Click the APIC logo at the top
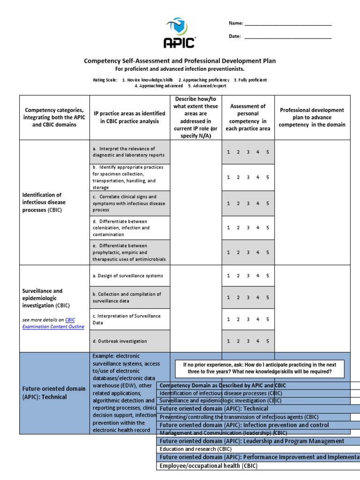[x=180, y=33]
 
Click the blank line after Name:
[x=288, y=24]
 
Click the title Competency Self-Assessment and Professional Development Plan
[x=180, y=61]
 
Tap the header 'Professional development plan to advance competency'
[x=312, y=117]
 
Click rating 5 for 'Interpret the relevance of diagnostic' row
[x=268, y=152]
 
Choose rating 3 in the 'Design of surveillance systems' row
[x=248, y=276]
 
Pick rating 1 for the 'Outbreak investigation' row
[x=228, y=341]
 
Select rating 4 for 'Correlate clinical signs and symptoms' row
[x=258, y=203]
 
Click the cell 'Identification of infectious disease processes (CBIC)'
[x=45, y=202]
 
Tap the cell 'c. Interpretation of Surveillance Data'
[x=129, y=319]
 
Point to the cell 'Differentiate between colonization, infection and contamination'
[x=129, y=228]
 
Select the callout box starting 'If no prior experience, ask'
[x=260, y=368]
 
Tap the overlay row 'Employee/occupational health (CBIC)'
[x=208, y=466]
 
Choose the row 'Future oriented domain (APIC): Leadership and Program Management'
[x=252, y=441]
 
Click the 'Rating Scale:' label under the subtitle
[x=105, y=80]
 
